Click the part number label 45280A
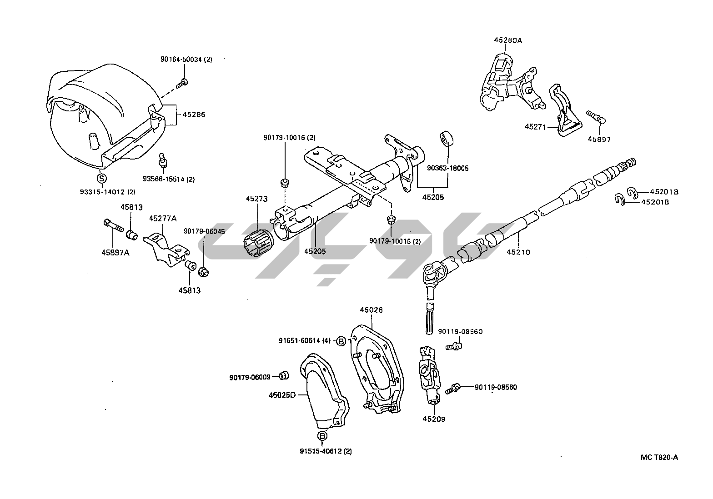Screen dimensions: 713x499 click(508, 40)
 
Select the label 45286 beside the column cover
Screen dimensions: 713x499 click(194, 115)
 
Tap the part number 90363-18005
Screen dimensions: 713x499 click(447, 168)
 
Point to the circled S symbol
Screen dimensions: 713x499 click(101, 179)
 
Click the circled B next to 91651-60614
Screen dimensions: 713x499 click(341, 341)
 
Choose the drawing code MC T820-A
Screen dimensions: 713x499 click(659, 458)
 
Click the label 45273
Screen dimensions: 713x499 click(256, 199)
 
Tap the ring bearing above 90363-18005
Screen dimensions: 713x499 click(447, 138)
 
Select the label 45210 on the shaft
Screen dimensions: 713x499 click(518, 252)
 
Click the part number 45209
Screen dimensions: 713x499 click(434, 419)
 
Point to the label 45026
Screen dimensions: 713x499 click(371, 310)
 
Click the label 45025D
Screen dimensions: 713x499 click(282, 395)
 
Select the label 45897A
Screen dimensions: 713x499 click(115, 253)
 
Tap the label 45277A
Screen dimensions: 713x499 click(163, 219)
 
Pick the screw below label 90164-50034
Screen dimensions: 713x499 click(182, 83)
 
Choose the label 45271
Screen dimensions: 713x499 click(535, 127)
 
